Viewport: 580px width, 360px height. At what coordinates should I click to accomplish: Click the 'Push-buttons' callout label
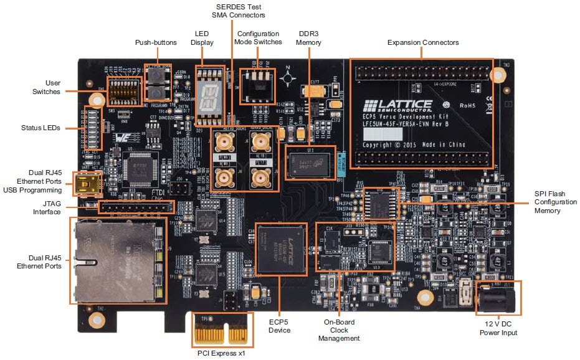point(156,42)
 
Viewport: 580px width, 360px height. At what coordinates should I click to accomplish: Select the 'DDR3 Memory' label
point(309,38)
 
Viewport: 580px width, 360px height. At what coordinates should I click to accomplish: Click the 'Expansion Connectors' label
point(423,42)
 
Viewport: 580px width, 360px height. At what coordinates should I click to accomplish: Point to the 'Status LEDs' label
point(40,128)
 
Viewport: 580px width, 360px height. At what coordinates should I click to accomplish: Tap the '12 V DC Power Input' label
point(498,328)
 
